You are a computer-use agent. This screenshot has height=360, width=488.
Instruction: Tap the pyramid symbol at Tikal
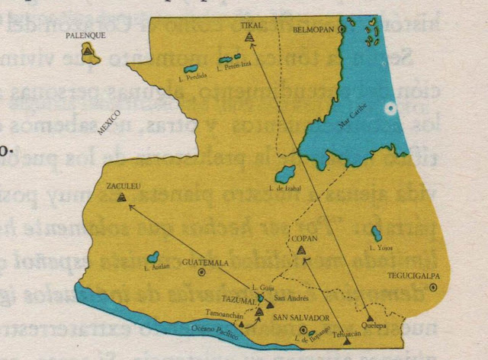pyautogui.click(x=249, y=36)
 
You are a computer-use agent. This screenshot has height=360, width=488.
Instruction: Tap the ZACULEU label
pyautogui.click(x=121, y=185)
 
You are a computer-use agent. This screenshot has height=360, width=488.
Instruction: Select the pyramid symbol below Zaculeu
pyautogui.click(x=121, y=197)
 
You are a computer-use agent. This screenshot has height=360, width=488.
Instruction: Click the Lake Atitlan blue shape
pyautogui.click(x=153, y=257)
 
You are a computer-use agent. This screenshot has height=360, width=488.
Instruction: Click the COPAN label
pyautogui.click(x=303, y=239)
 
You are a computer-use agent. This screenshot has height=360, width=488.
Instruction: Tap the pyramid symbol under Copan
pyautogui.click(x=302, y=249)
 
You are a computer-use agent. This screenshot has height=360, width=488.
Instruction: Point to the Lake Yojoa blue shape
pyautogui.click(x=376, y=233)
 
